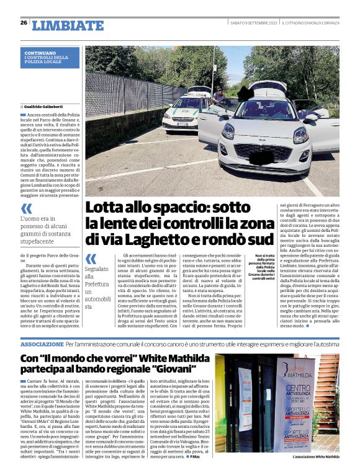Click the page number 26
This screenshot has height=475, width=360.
(x=24, y=22)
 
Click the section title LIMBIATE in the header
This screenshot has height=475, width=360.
(x=60, y=25)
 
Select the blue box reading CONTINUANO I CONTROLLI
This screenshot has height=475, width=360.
(x=52, y=57)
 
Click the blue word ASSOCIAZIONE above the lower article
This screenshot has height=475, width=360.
(x=42, y=343)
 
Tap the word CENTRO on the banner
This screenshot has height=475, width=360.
(x=312, y=388)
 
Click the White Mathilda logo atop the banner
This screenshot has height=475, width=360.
(x=314, y=370)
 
